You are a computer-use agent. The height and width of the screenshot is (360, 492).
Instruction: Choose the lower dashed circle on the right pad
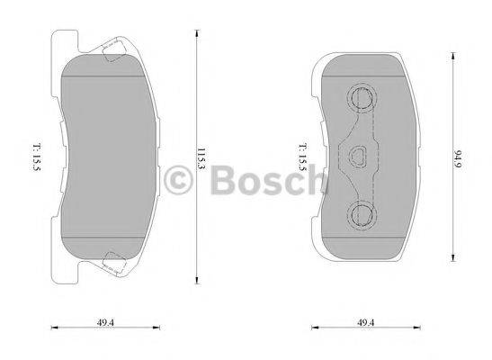click(362, 214)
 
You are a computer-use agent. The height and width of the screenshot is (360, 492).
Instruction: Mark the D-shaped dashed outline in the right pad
click(360, 157)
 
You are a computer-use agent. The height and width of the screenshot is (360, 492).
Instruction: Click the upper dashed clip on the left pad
click(114, 51)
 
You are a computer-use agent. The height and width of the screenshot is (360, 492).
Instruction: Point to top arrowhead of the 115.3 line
click(198, 30)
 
